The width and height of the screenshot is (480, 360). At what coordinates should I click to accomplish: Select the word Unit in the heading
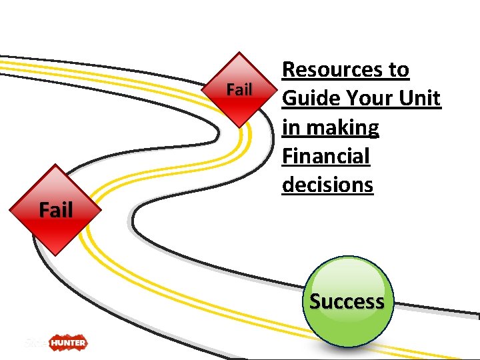coord(420,98)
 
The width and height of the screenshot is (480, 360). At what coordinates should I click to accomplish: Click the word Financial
coord(325,156)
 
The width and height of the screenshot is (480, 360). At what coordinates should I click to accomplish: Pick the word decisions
coord(327,185)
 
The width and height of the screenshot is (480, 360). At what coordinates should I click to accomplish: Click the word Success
coord(347,301)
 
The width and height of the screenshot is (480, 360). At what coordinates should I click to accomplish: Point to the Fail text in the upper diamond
coord(239,89)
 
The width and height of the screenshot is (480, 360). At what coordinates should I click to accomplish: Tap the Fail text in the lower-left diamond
coord(56,210)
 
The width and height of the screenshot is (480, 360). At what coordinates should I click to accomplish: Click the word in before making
coord(291,127)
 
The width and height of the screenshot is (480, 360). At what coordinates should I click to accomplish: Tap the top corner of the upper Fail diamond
coord(239,53)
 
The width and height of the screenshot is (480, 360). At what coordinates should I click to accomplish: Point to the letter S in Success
coord(316,301)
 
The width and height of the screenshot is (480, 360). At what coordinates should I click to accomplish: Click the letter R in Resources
coord(290,69)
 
